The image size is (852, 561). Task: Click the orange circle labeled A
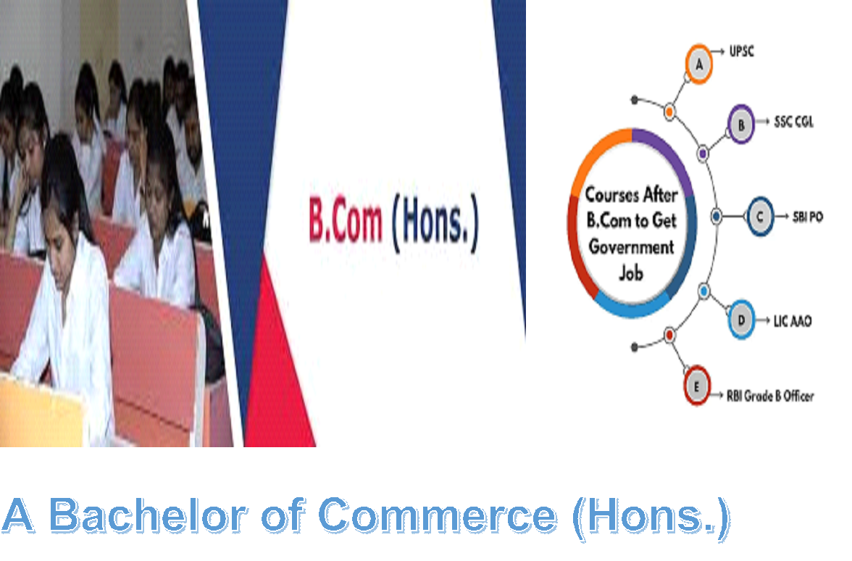click(698, 64)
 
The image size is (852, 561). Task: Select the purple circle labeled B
click(740, 125)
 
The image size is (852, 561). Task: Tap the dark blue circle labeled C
click(760, 216)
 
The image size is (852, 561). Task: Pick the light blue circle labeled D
click(741, 320)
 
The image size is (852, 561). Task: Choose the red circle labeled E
click(697, 386)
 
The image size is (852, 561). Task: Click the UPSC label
click(741, 51)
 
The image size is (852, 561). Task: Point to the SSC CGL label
click(794, 122)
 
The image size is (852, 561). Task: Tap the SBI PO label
click(807, 217)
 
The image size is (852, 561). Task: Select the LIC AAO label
click(793, 320)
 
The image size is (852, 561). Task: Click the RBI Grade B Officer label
click(771, 396)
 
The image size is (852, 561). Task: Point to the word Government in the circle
click(632, 246)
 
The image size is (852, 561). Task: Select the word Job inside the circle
click(631, 273)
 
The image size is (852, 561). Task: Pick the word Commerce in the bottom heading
click(438, 515)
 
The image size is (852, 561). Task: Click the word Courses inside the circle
click(611, 194)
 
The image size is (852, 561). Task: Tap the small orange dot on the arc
click(670, 112)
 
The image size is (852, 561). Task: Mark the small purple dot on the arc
click(703, 154)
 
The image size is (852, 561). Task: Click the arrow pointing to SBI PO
click(782, 216)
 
